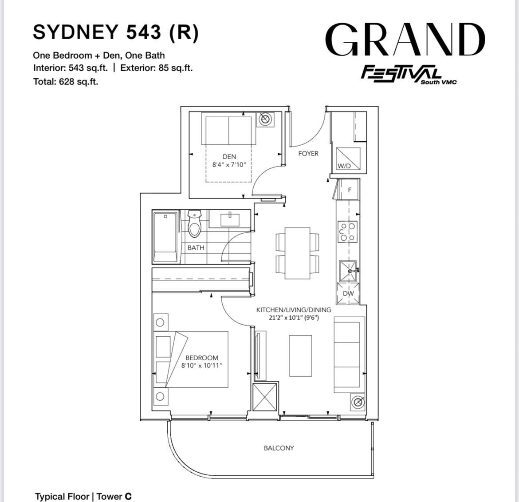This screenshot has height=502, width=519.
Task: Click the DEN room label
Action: pos(229,156)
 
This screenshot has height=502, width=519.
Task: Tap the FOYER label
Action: pos(308,154)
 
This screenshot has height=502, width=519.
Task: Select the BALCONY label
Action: pos(279,448)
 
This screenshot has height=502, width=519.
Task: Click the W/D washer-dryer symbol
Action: pos(348,159)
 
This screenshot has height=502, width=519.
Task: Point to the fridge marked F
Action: pos(348,190)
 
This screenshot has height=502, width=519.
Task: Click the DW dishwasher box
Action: pos(348,293)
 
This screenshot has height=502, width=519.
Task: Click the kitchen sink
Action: pos(348,271)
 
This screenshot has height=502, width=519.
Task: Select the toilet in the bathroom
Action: pos(194,223)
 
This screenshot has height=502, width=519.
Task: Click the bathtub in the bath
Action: pos(166,237)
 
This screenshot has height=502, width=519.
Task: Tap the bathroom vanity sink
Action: pos(230,219)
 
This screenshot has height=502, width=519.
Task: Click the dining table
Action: pos(298,253)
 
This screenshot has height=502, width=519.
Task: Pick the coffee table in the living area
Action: pos(301,356)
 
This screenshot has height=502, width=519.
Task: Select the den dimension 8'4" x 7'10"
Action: pos(229,164)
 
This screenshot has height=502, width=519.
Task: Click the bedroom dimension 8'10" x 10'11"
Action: pos(201,366)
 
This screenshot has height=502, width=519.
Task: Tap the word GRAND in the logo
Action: pos(405,40)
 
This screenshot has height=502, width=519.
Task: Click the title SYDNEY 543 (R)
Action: pos(116,32)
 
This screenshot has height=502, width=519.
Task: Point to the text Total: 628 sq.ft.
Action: pos(66,82)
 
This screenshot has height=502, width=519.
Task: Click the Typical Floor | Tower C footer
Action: pos(83,496)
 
